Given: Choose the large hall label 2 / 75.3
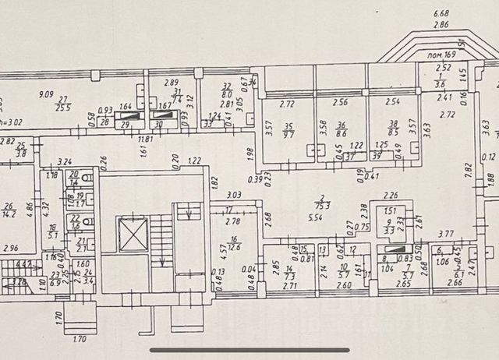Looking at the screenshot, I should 319,202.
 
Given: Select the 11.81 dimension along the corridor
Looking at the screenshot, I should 144,139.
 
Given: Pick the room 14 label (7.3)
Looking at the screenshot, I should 288,274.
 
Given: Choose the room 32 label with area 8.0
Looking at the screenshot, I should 227,90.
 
